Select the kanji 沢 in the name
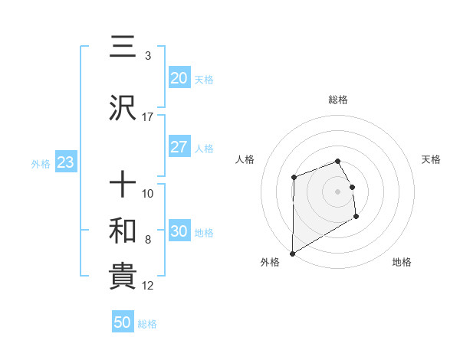click(x=123, y=109)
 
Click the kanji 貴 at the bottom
click(x=123, y=277)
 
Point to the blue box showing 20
click(x=179, y=77)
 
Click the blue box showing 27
click(x=179, y=147)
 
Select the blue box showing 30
click(x=179, y=232)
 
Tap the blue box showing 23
click(x=64, y=163)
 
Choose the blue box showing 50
click(x=123, y=322)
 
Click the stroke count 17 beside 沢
click(x=148, y=117)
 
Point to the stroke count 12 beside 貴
click(x=148, y=286)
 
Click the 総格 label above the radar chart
click(x=338, y=100)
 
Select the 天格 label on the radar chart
click(x=432, y=159)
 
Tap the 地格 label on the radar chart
click(x=402, y=262)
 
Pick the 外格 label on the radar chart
click(x=270, y=262)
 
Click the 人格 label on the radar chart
click(x=245, y=159)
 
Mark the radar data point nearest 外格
click(x=292, y=253)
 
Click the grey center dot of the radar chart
click(x=338, y=191)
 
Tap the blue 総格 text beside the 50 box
click(x=147, y=324)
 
